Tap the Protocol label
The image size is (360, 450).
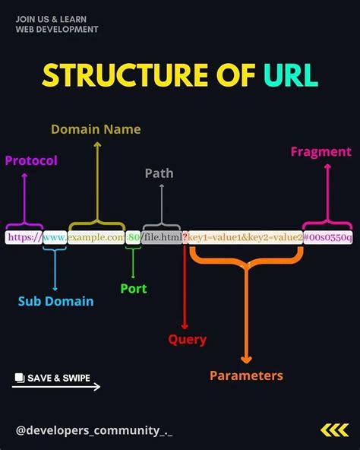(31, 160)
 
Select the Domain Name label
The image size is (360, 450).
(96, 129)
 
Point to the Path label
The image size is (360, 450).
(159, 173)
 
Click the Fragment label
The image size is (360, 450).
(321, 152)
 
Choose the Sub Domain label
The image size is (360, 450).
(55, 301)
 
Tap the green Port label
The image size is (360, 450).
(133, 289)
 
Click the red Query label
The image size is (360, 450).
(187, 340)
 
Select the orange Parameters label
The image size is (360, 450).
(246, 376)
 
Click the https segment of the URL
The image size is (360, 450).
(24, 238)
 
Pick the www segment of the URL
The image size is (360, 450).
(55, 238)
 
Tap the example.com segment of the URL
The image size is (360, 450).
(96, 238)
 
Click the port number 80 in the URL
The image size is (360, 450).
(134, 238)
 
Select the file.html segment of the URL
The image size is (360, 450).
(162, 238)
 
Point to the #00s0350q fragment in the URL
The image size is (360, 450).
(328, 238)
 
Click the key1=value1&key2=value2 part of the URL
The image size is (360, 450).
(245, 238)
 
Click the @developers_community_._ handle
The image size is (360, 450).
(93, 431)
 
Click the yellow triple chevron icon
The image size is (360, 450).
(334, 430)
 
